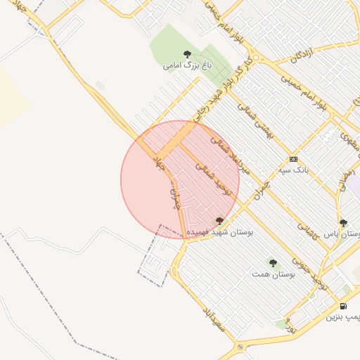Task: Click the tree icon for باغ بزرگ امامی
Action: (187, 53)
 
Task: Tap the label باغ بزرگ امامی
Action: (187, 65)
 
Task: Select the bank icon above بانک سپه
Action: (293, 158)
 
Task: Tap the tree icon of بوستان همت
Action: (272, 262)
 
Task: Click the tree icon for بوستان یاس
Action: (343, 223)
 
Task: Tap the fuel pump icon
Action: (343, 306)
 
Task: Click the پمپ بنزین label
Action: (343, 317)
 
